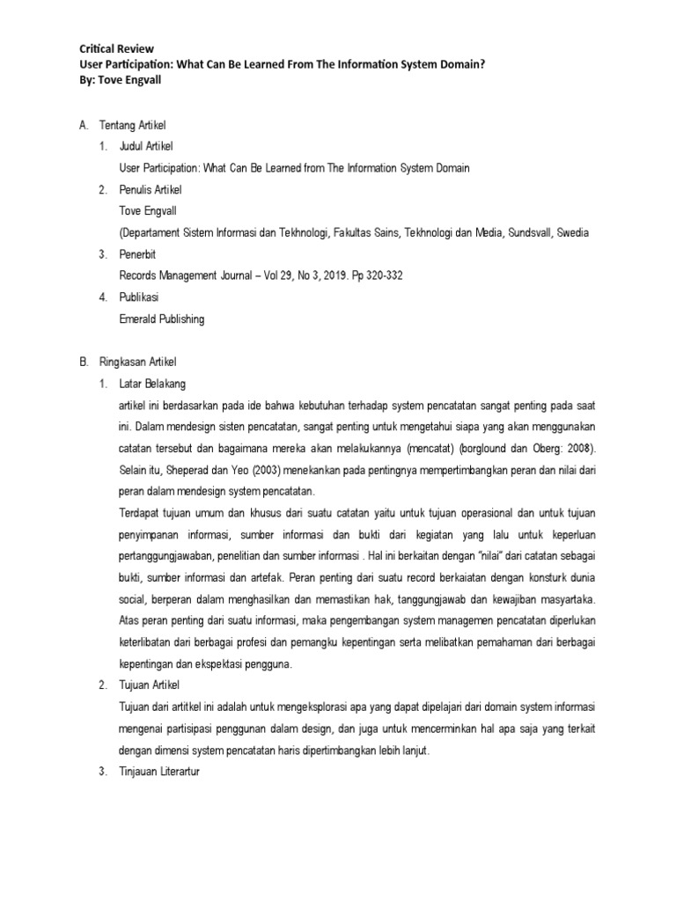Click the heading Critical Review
[x=116, y=48]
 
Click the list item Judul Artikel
[x=151, y=147]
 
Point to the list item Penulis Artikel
[x=156, y=189]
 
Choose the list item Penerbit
[x=139, y=255]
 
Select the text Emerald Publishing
[x=161, y=319]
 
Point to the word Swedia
[x=570, y=233]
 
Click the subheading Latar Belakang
[x=152, y=384]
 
